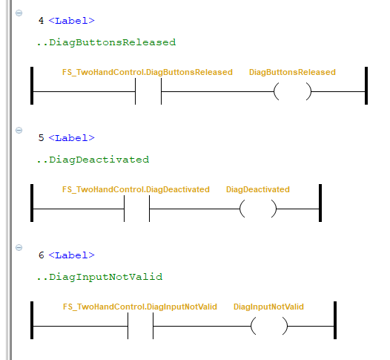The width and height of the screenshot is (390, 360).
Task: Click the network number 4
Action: pos(42,21)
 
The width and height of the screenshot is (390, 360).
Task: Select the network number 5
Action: pos(42,137)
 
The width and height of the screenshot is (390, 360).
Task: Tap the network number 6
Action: pos(42,255)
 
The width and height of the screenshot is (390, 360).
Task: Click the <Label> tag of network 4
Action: pos(72,21)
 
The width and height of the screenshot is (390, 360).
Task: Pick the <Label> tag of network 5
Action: pos(72,138)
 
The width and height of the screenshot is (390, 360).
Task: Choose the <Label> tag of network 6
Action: pos(72,255)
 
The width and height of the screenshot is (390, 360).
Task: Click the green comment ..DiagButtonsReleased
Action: pos(106,42)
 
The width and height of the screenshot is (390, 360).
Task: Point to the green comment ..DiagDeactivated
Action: pos(93,160)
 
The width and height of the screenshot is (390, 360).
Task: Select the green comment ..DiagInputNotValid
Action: pos(99,277)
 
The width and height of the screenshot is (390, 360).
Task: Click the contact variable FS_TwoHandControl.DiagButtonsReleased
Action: pos(148,72)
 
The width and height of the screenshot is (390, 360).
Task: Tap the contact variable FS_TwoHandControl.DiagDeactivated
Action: pos(136,189)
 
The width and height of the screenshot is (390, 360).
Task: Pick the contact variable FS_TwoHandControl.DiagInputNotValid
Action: pos(140,307)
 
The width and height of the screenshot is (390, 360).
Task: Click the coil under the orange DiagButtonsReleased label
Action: pos(276,91)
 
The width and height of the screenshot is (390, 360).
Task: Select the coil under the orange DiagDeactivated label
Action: pos(242,209)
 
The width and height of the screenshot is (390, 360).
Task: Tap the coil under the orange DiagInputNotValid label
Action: pos(253,326)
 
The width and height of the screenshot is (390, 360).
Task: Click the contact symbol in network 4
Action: pos(135,91)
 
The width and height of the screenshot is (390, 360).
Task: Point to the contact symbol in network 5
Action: pos(124,209)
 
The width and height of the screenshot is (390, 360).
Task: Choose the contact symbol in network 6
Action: pos(128,326)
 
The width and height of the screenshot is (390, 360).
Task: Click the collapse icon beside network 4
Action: pos(19,13)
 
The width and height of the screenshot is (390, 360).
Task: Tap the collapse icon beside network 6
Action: pos(19,247)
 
